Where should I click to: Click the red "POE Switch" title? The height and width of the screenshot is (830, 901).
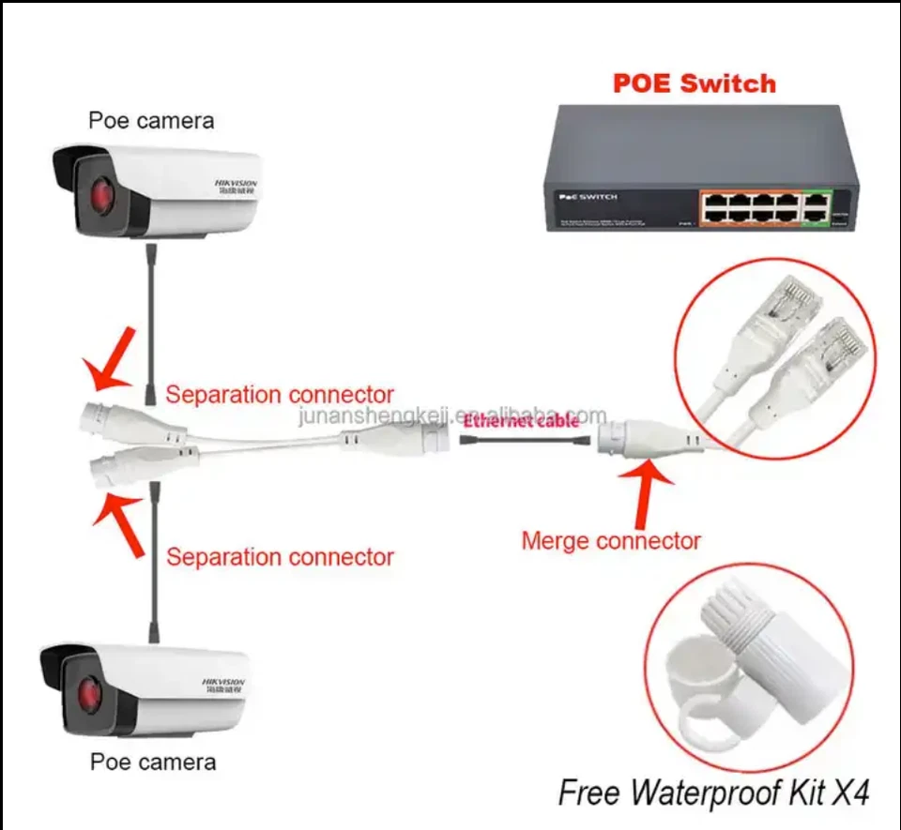point(695,83)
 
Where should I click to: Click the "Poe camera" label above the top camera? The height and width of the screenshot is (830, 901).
point(151,120)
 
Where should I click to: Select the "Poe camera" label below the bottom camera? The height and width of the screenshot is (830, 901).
point(153,762)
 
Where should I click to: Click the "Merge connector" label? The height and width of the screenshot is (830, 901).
point(611,540)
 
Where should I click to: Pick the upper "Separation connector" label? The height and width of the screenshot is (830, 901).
point(280,395)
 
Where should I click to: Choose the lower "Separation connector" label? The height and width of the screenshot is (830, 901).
point(280,557)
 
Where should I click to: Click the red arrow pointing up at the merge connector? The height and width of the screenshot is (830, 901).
point(647,491)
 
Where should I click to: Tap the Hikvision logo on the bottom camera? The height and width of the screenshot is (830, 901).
point(223,684)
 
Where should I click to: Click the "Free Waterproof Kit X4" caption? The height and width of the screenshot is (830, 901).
point(713,793)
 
